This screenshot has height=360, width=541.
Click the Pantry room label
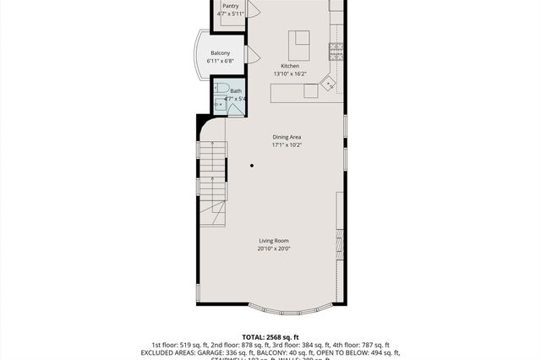229,5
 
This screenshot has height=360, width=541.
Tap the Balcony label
220,53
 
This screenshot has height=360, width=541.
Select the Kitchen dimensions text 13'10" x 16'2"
290,74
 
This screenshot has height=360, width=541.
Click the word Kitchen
290,66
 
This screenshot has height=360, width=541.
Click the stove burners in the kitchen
337,48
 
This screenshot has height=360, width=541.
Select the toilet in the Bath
219,88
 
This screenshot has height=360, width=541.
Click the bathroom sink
218,104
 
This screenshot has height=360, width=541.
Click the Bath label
235,91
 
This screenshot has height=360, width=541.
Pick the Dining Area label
287,137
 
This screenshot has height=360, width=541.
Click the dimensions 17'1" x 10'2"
287,145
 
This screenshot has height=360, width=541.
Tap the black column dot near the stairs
252,166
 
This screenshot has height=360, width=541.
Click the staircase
213,182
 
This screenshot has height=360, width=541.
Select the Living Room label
274,241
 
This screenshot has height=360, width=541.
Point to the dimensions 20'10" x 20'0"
274,248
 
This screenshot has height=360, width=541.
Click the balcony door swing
250,55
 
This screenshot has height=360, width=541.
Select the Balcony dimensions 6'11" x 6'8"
220,61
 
